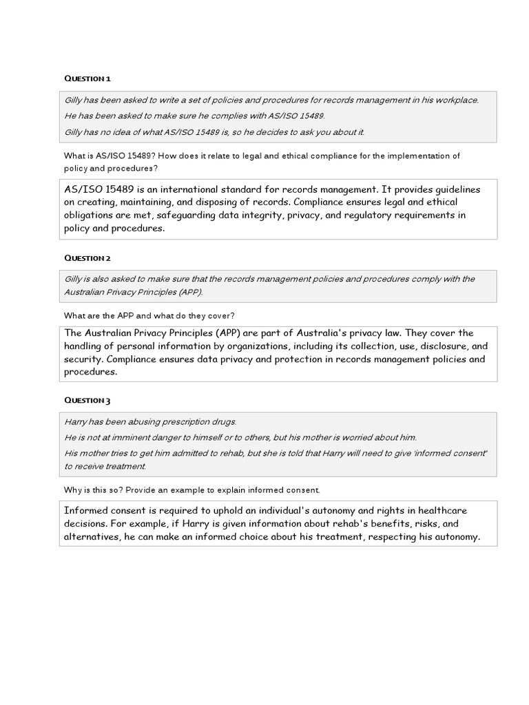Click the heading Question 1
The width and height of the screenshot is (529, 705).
[x=87, y=78]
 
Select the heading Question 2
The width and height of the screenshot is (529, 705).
[x=87, y=257]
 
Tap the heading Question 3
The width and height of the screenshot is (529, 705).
[x=87, y=400]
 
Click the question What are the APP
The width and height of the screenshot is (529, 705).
[x=149, y=315]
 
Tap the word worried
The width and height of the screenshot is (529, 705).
[x=360, y=437]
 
